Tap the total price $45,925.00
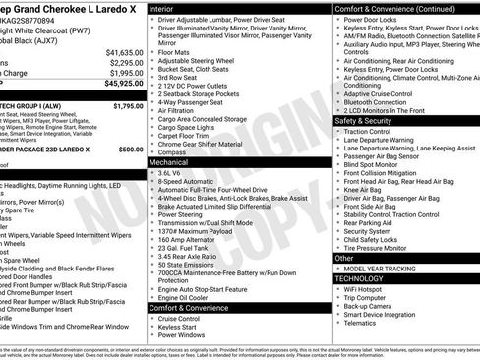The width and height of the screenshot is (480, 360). point(122,85)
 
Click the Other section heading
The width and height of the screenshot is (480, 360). point(344,258)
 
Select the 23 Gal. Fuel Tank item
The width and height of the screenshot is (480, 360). point(186,247)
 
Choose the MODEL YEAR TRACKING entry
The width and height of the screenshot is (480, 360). point(389,269)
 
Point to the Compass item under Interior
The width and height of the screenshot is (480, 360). point(173,152)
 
